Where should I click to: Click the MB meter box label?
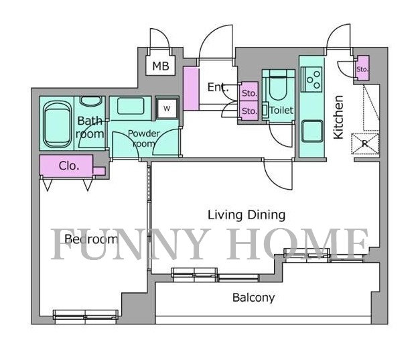(161, 66)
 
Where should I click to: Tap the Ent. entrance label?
(218, 87)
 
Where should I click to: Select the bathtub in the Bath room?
(57, 124)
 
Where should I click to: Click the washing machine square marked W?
(167, 109)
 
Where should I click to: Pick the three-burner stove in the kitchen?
(311, 79)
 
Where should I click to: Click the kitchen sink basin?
(312, 131)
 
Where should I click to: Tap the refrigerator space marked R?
(365, 143)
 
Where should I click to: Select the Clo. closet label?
(69, 166)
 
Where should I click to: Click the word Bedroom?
(91, 239)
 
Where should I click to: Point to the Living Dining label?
(247, 215)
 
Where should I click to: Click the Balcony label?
(253, 298)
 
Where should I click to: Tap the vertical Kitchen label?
(338, 117)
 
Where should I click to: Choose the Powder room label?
(143, 138)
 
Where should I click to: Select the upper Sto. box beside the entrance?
(249, 92)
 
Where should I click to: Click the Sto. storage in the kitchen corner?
(362, 68)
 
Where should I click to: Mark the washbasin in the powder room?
(131, 106)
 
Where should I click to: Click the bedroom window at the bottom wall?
(86, 314)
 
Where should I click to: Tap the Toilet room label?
(281, 110)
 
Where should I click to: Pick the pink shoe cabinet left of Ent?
(191, 88)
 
